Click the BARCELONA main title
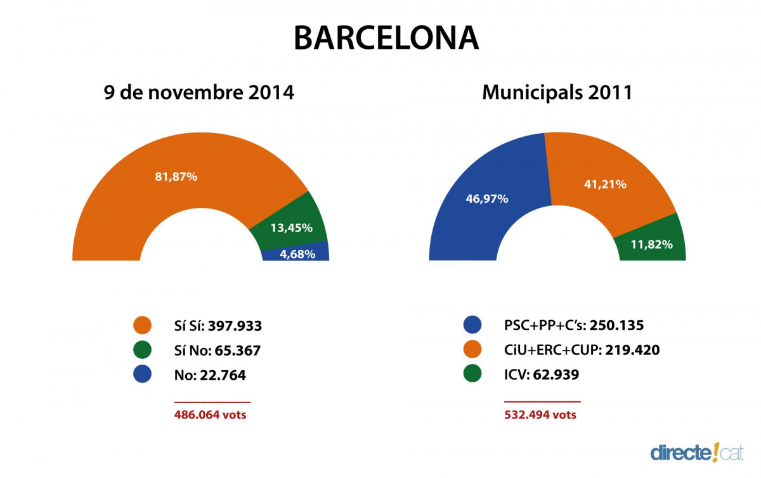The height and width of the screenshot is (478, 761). pyautogui.click(x=386, y=38)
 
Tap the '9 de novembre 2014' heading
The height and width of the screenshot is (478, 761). pyautogui.click(x=199, y=93)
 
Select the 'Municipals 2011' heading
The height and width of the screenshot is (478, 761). pyautogui.click(x=557, y=93)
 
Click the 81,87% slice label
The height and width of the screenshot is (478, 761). pyautogui.click(x=176, y=177)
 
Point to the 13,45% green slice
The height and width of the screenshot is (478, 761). pyautogui.click(x=291, y=227)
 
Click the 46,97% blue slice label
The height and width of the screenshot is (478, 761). pyautogui.click(x=487, y=199)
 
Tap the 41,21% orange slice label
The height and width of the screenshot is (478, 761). pyautogui.click(x=605, y=184)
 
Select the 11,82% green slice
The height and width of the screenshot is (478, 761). pyautogui.click(x=652, y=244)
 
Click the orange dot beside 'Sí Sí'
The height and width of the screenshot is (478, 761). pyautogui.click(x=143, y=326)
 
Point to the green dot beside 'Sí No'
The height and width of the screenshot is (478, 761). pyautogui.click(x=143, y=350)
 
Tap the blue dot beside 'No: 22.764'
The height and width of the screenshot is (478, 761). pyautogui.click(x=143, y=375)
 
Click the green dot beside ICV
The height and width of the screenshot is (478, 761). pyautogui.click(x=472, y=375)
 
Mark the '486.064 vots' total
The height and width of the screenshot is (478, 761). pyautogui.click(x=210, y=415)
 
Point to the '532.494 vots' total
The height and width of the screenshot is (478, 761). pyautogui.click(x=540, y=415)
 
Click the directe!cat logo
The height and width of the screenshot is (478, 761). pyautogui.click(x=696, y=452)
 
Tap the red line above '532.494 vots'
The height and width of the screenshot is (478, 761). pyautogui.click(x=542, y=402)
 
